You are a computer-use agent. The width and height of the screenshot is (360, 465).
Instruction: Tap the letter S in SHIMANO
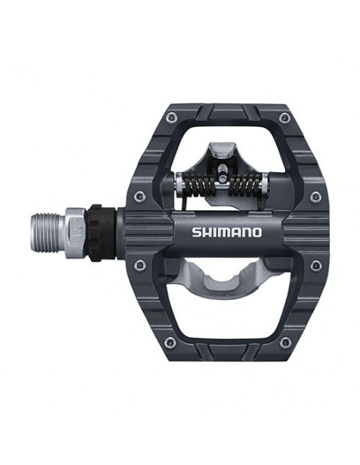pyautogui.click(x=196, y=232)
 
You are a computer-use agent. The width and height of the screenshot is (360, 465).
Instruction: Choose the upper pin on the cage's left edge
pyautogui.click(x=139, y=196)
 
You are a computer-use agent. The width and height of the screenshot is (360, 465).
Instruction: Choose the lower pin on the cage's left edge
pyautogui.click(x=139, y=265)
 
